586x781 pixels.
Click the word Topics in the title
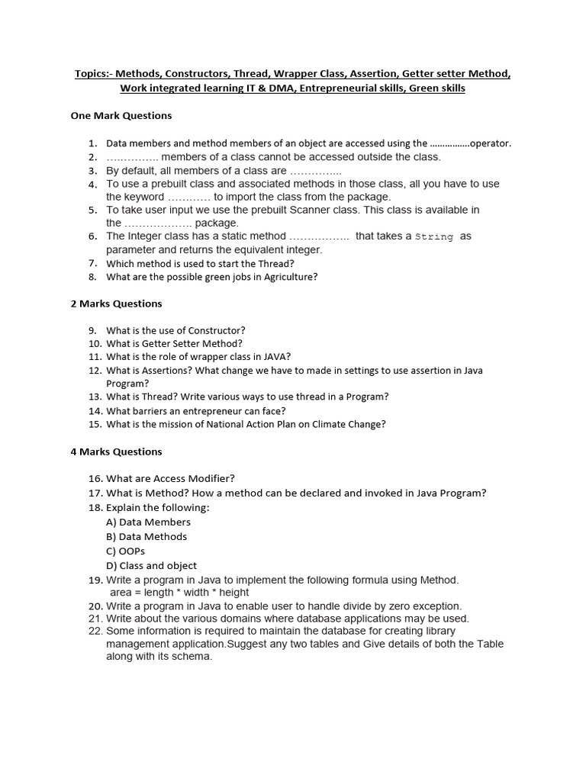(92, 74)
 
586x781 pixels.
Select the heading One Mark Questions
(121, 116)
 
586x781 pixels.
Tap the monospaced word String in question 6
(434, 237)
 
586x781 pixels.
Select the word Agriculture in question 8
(290, 277)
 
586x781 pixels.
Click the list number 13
(95, 397)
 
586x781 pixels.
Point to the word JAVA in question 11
(276, 356)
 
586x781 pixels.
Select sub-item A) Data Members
(148, 522)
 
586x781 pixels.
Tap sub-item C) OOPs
(125, 551)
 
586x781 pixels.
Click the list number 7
(92, 264)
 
